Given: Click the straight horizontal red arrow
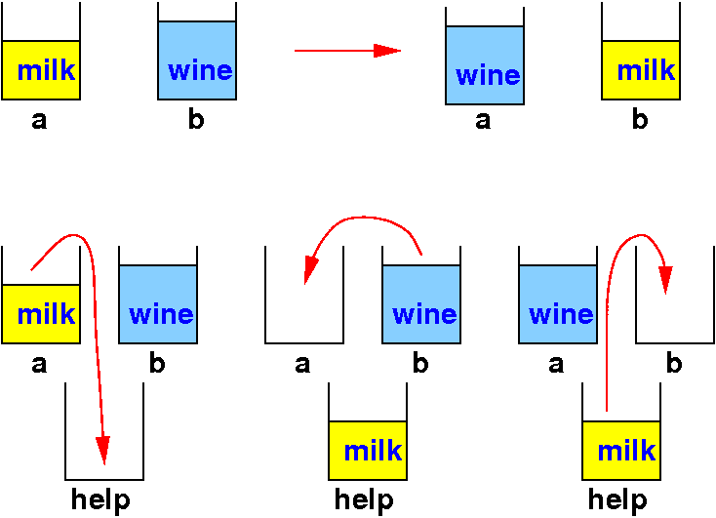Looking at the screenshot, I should tap(346, 50).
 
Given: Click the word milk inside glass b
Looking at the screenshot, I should tap(646, 70).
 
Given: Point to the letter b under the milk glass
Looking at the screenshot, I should tap(640, 121).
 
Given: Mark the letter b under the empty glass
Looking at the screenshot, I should tap(674, 365).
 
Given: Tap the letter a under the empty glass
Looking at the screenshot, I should tap(302, 365).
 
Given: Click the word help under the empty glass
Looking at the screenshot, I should tap(100, 500).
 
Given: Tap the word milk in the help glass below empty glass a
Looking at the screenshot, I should tap(373, 451).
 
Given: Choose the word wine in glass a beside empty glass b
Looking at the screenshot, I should tap(561, 315).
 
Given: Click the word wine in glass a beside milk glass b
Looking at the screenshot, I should tap(488, 75).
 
